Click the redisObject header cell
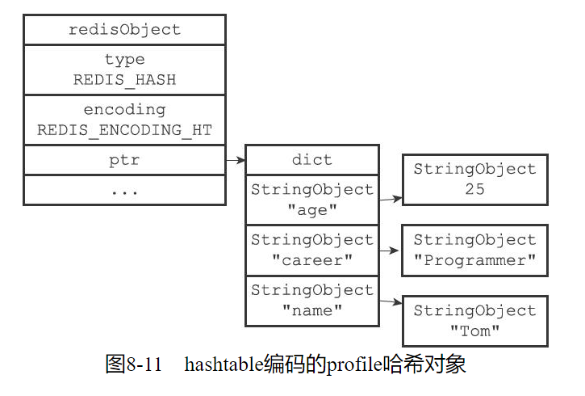click(x=124, y=30)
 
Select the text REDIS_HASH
click(x=124, y=80)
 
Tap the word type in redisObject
click(x=124, y=59)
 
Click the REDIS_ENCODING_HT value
click(x=124, y=129)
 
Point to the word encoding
click(x=124, y=109)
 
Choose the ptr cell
click(x=124, y=160)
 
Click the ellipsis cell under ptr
click(x=124, y=191)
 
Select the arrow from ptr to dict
click(x=235, y=161)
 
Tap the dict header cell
click(x=311, y=160)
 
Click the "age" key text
click(x=311, y=209)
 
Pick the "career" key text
click(x=311, y=260)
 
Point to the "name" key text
click(x=311, y=310)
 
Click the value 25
click(x=474, y=190)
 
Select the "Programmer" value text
click(x=474, y=260)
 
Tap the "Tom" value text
click(x=474, y=331)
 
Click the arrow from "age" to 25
click(x=391, y=198)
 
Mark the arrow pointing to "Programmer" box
click(x=390, y=251)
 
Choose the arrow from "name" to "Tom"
click(x=391, y=302)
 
